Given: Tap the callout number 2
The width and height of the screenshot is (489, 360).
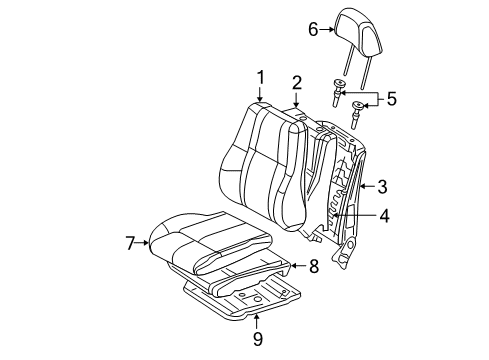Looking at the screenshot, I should [296, 82].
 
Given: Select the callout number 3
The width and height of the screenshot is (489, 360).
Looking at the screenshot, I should [381, 186].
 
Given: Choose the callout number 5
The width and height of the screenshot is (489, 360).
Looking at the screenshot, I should [391, 98].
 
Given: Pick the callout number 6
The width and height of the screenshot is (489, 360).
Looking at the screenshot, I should [312, 30].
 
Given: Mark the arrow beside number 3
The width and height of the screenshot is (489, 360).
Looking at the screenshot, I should [366, 186].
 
